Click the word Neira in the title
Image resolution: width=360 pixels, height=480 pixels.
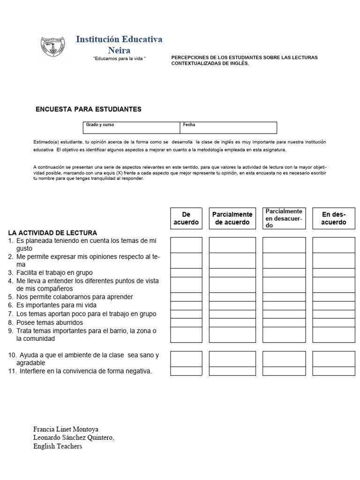[x=119, y=50]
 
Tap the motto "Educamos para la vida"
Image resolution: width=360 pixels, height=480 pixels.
[x=120, y=57]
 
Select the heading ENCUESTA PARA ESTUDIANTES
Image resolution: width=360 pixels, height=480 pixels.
[x=89, y=109]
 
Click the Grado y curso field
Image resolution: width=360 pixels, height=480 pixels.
[x=131, y=127]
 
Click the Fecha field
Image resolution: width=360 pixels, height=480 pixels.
[x=228, y=127]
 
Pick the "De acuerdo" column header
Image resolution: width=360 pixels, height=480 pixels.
[x=186, y=218]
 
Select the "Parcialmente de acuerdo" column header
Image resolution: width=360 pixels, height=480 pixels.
[x=232, y=218]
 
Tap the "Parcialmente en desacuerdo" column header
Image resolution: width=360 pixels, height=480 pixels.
[x=284, y=218]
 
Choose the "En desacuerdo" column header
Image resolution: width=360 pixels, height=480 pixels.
[x=334, y=218]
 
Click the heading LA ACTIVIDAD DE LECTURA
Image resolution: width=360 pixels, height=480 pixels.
[x=52, y=232]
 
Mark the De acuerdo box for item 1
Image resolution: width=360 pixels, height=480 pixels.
[x=186, y=245]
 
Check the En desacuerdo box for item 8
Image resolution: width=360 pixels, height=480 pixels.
[x=334, y=322]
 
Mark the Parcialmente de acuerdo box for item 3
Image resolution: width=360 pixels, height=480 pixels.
[x=232, y=272]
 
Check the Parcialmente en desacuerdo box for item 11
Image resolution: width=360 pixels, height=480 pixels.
[x=284, y=371]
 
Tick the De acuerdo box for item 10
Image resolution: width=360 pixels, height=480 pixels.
[x=186, y=359]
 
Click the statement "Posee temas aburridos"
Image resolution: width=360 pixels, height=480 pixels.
[x=49, y=322]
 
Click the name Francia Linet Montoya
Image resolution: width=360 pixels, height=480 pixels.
[x=66, y=429]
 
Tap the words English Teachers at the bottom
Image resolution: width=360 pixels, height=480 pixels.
[x=58, y=446]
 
